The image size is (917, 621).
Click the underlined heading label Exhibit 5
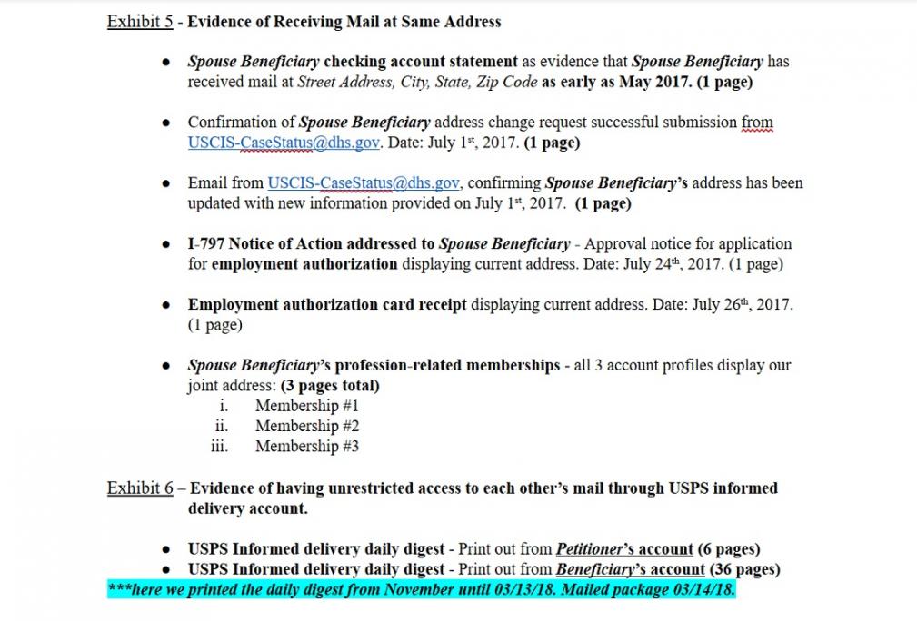coord(140,21)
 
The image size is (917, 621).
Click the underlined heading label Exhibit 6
coord(140,488)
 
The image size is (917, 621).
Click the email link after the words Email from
coord(364,183)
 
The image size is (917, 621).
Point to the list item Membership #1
coord(306,406)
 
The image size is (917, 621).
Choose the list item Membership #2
coord(306,426)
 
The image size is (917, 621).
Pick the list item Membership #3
coord(306,446)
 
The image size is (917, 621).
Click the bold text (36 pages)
coord(744,570)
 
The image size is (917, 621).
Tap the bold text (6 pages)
coord(729,549)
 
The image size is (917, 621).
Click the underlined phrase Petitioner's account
coord(624,549)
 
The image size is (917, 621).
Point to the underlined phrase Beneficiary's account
coord(630,570)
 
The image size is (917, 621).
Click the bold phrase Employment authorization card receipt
coord(327,305)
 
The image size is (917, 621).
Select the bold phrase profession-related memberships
coord(447,365)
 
